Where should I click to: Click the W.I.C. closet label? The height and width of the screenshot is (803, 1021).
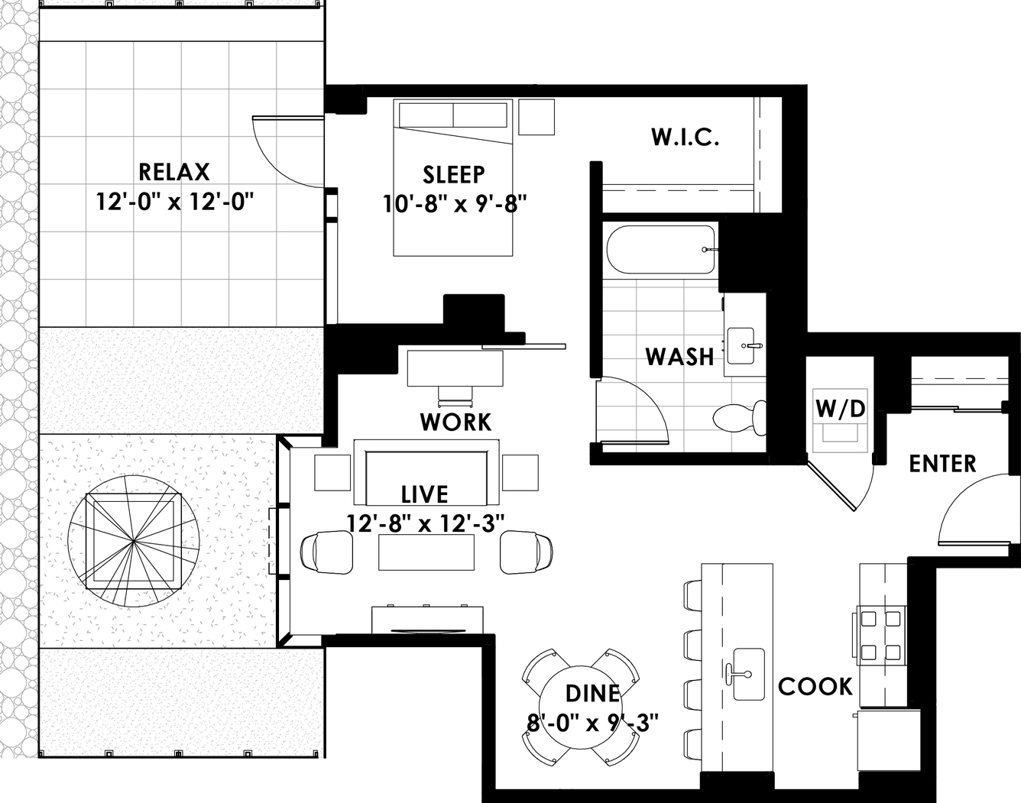685,137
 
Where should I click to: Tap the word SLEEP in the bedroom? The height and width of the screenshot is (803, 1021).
454,174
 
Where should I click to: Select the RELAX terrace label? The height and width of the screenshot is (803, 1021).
174,172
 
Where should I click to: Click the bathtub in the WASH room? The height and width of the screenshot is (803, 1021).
661,250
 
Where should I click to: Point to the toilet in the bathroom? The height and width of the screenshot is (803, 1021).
740,418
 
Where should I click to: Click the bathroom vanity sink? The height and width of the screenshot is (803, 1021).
741,346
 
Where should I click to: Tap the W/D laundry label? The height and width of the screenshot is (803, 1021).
841,408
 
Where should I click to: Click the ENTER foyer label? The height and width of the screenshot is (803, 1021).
942,464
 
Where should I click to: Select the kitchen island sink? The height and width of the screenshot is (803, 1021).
749,674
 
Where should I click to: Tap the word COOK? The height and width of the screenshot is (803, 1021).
815,686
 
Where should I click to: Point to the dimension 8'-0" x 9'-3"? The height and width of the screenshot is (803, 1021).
592,724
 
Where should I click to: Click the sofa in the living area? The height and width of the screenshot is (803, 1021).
426,472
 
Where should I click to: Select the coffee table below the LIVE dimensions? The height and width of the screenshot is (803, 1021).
426,552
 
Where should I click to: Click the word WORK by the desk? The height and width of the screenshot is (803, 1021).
455,422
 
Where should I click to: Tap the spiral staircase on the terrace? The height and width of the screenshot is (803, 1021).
134,541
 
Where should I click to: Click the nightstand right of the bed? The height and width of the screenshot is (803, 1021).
536,117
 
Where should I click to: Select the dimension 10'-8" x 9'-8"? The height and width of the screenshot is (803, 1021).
455,205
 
